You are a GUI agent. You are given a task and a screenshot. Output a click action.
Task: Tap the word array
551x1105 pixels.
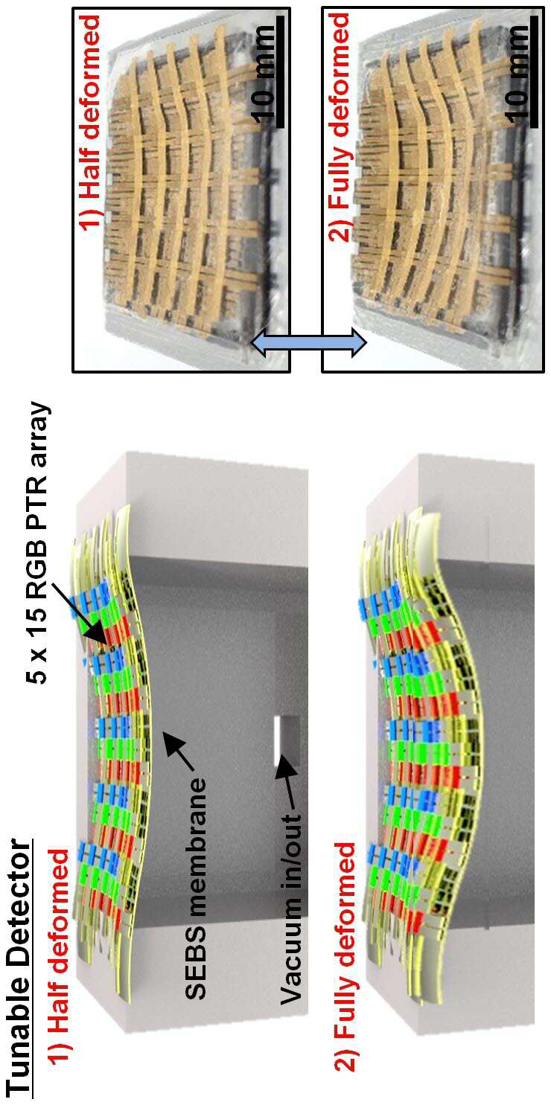click(39, 431)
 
